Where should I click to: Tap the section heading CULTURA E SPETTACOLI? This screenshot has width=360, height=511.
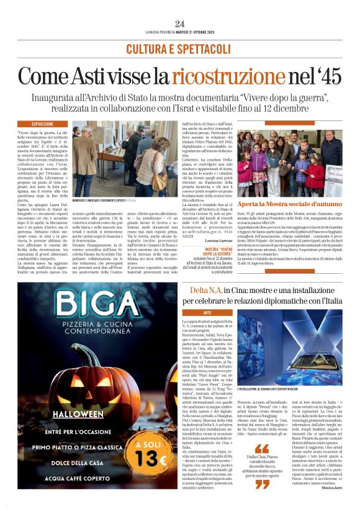(x=179, y=48)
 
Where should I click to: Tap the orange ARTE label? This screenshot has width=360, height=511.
(x=191, y=312)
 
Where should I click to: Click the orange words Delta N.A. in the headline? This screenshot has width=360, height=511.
(x=206, y=291)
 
